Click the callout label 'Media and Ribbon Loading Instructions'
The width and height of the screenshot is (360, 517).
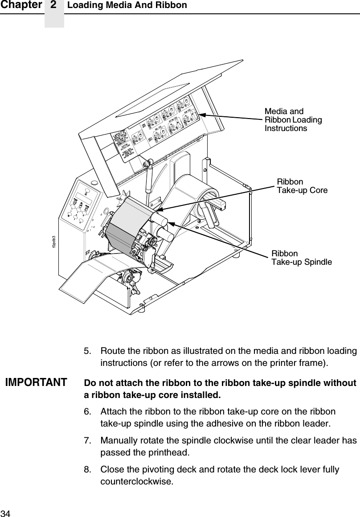(x=293, y=120)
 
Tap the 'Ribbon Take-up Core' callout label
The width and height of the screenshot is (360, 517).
(x=302, y=186)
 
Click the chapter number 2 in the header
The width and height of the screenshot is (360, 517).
(x=54, y=5)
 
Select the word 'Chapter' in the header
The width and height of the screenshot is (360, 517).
(x=21, y=5)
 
